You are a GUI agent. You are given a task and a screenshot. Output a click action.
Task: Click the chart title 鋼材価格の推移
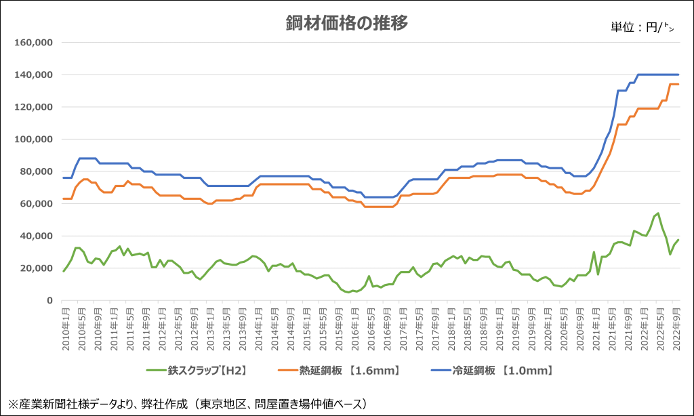tap(346, 23)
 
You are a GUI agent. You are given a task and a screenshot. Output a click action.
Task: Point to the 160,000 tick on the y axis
tap(34, 42)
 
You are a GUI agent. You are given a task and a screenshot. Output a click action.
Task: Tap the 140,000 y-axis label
tap(34, 75)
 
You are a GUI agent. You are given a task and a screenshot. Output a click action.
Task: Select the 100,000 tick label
tap(34, 139)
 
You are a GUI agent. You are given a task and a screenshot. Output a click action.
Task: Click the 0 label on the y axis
tap(51, 301)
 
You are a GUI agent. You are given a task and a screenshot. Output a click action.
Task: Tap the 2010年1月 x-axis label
tap(65, 328)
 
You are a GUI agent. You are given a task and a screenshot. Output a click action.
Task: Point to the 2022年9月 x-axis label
tap(676, 328)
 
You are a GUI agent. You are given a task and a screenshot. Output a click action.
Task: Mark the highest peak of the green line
tap(657, 213)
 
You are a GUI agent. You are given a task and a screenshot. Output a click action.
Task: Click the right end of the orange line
tap(679, 84)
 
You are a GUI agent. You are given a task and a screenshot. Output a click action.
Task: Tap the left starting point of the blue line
tap(63, 178)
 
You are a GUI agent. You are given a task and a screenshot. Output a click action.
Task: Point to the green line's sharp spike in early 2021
tap(594, 252)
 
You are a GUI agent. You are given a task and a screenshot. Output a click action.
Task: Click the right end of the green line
tap(679, 240)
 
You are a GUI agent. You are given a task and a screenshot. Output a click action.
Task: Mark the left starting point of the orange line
tap(63, 199)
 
